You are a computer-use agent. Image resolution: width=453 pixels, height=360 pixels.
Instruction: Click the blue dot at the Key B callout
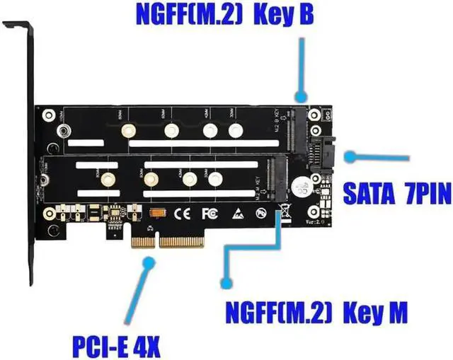pyautogui.click(x=301, y=95)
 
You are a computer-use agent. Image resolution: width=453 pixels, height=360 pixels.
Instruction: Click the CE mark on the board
pyautogui.click(x=182, y=212)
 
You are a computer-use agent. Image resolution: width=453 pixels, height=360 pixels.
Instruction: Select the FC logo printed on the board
pyautogui.click(x=210, y=212)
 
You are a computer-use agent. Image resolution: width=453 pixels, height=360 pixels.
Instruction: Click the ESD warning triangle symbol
pyautogui.click(x=236, y=211)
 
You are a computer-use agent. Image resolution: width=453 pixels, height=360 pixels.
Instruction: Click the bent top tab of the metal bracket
pyautogui.click(x=16, y=26)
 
